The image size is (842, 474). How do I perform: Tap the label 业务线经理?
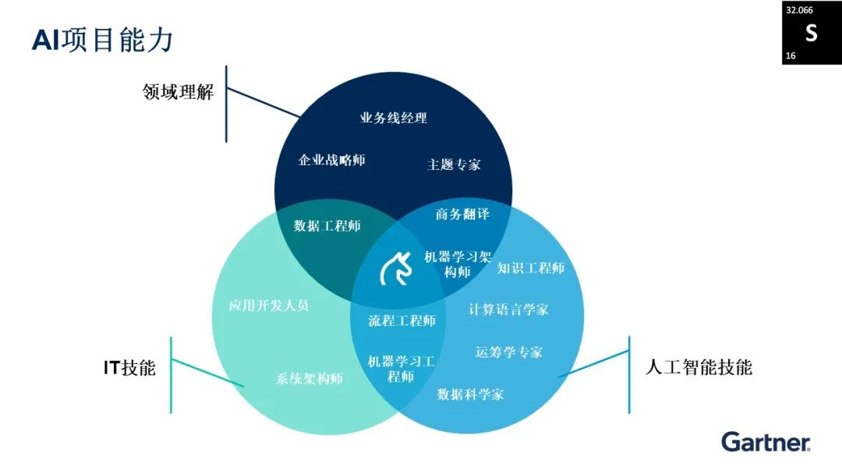pyautogui.click(x=393, y=118)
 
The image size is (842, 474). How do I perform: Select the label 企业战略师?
pyautogui.click(x=331, y=160)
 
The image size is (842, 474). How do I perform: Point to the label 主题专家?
pyautogui.click(x=454, y=164)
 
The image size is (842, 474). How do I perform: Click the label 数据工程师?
pyautogui.click(x=327, y=226)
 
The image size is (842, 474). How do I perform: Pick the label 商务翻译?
pyautogui.click(x=462, y=214)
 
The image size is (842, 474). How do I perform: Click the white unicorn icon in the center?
pyautogui.click(x=395, y=270)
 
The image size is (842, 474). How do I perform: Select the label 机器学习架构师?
pyautogui.click(x=458, y=264)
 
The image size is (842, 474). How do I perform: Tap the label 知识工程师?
pyautogui.click(x=530, y=268)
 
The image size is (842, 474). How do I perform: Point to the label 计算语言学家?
pyautogui.click(x=508, y=310)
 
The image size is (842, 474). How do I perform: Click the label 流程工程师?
pyautogui.click(x=402, y=320)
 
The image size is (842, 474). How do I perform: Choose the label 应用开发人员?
pyautogui.click(x=268, y=305)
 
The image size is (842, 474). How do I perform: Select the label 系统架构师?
pyautogui.click(x=310, y=379)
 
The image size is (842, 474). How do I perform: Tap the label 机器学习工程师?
pyautogui.click(x=401, y=369)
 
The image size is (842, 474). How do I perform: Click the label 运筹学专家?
pyautogui.click(x=508, y=352)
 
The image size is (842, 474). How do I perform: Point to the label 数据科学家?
pyautogui.click(x=470, y=394)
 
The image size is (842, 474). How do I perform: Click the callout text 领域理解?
pyautogui.click(x=178, y=93)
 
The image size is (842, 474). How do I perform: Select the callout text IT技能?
pyautogui.click(x=129, y=368)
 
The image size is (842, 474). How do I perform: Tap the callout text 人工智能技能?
pyautogui.click(x=699, y=367)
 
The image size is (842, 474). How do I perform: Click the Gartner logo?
pyautogui.click(x=766, y=442)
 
